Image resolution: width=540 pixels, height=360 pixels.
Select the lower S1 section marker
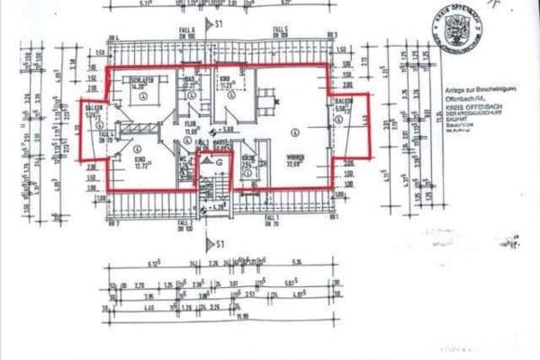tap(214, 243)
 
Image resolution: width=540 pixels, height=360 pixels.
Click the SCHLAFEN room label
tap(140, 81)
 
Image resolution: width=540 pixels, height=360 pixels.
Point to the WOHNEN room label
tap(295, 158)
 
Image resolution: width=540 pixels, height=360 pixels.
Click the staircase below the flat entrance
tap(216, 189)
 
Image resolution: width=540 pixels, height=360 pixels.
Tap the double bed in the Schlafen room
tap(145, 98)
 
